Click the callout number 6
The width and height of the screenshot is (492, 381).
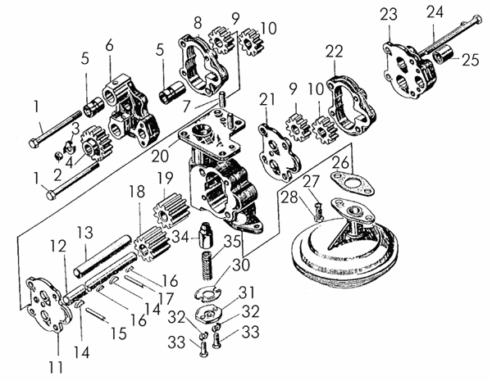pos(110,46)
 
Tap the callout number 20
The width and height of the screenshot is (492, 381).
pos(160,155)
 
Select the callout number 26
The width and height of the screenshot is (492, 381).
pos(340,163)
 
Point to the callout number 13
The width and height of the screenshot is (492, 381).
pos(85,233)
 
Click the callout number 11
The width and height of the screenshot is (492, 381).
pos(56,366)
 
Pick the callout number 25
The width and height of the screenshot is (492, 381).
pos(471,60)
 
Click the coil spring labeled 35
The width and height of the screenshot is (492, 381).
pos(207,265)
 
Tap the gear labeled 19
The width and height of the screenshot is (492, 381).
pos(171,209)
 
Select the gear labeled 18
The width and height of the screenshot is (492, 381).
pos(153,244)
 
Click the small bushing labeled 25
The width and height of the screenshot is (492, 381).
pos(441,53)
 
